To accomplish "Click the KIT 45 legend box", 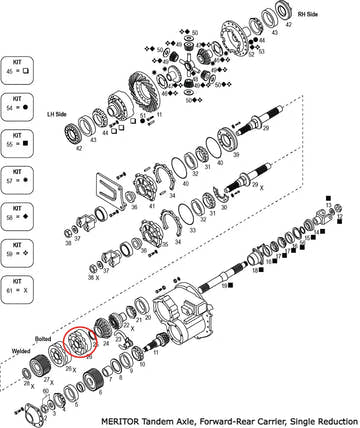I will pyautogui.click(x=20, y=68).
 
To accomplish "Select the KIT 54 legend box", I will pyautogui.click(x=20, y=104).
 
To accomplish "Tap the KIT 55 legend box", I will pyautogui.click(x=20, y=140).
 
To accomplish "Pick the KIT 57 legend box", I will pyautogui.click(x=20, y=178).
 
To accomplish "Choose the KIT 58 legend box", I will pyautogui.click(x=20, y=214).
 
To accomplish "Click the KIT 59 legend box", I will pyautogui.click(x=20, y=250).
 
